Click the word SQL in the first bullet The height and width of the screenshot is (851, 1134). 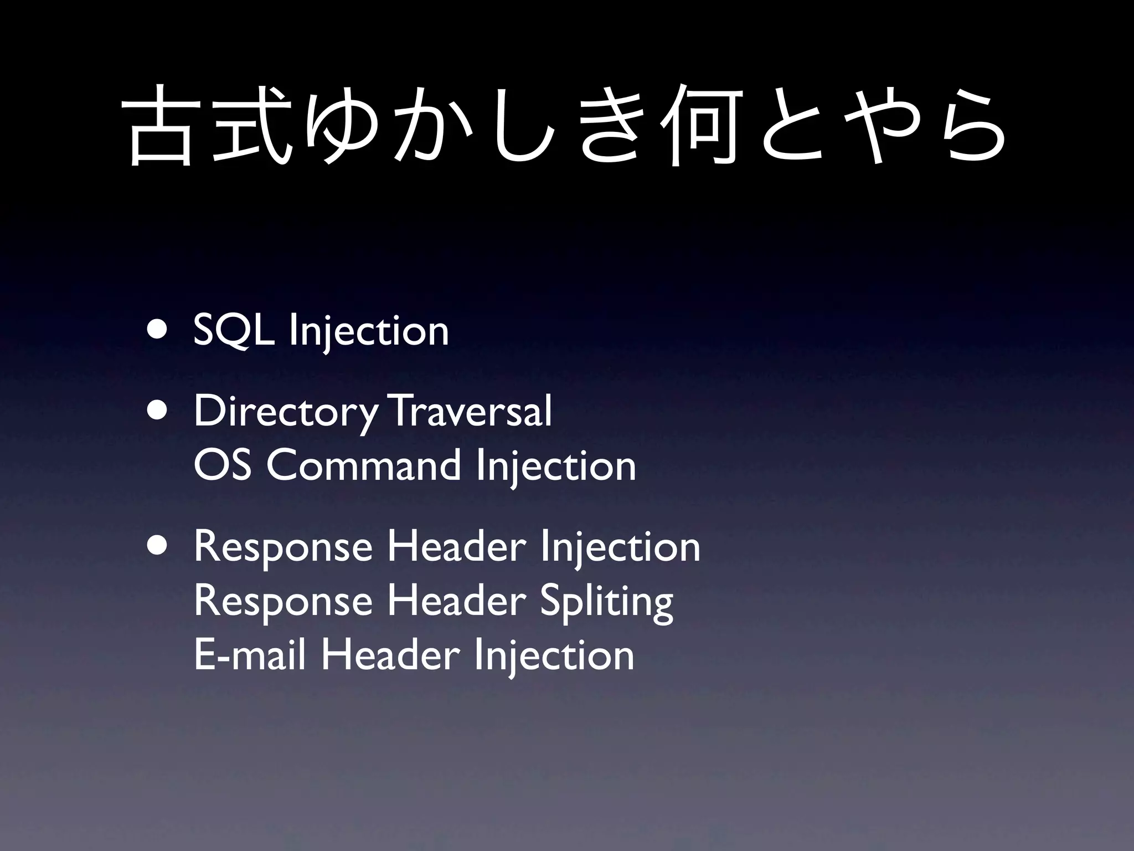233,331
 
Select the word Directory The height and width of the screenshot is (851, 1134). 286,412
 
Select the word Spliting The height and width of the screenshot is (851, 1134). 606,603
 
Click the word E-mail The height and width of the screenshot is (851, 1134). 250,655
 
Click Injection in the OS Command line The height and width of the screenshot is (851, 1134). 555,467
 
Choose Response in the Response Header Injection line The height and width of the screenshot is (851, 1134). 283,547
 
